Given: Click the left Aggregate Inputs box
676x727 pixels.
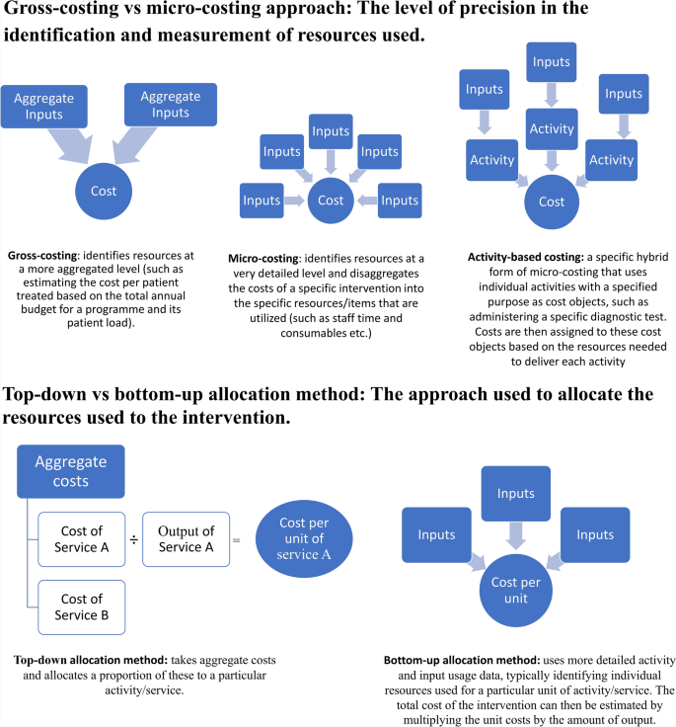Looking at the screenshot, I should tap(44, 106).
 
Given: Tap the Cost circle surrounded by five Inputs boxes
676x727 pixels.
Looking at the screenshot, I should tap(331, 201).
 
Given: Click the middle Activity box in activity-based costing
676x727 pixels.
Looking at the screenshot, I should tap(552, 128).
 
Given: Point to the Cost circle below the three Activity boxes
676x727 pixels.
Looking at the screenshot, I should tap(551, 202).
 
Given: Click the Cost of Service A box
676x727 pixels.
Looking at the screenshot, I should tap(82, 538).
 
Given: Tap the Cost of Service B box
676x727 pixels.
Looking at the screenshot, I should tap(82, 607).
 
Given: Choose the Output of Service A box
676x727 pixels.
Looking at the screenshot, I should tap(186, 538).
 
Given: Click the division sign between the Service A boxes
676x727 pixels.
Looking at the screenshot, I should tap(134, 539).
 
